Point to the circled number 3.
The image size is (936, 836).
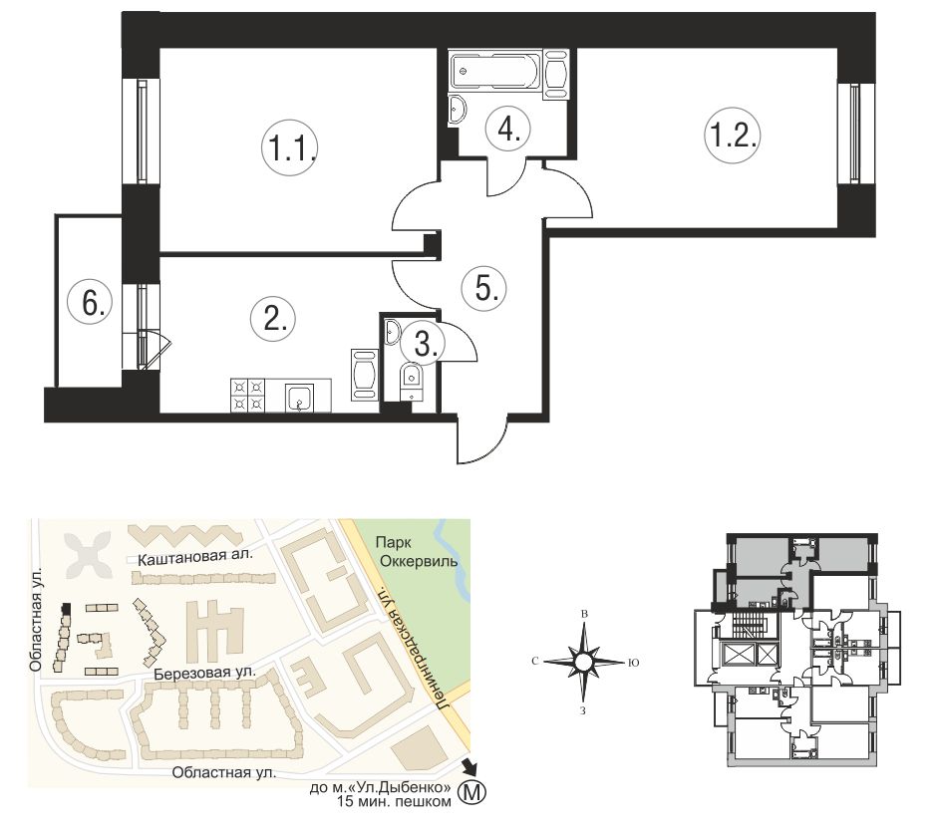[x=424, y=343]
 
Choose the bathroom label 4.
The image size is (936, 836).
[x=506, y=129]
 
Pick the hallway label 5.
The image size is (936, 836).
[x=484, y=289]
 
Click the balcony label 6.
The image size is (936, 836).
[x=89, y=303]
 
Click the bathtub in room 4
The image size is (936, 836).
[x=495, y=72]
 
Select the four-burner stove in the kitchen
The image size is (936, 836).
[x=248, y=395]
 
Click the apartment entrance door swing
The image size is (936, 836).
[x=481, y=437]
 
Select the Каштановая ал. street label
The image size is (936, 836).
[x=195, y=557]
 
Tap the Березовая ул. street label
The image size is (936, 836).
[x=204, y=673]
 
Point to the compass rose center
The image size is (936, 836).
[x=583, y=662]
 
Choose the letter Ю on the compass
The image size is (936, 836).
[x=634, y=663]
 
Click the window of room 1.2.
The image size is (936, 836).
[x=855, y=134]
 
